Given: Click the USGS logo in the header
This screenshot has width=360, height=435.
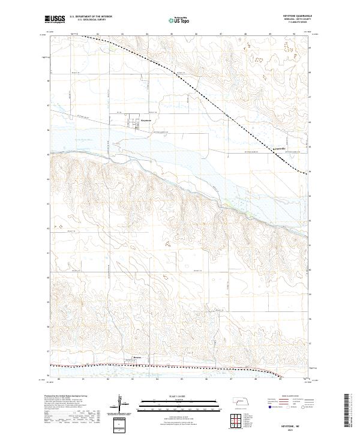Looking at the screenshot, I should point(54,20).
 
